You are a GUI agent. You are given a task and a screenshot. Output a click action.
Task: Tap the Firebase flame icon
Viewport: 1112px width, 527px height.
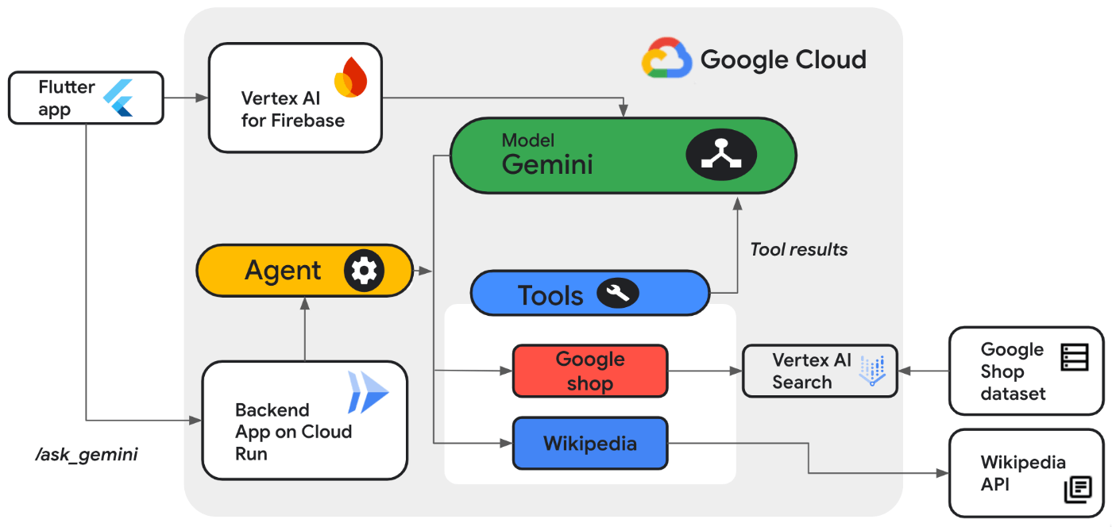[350, 77]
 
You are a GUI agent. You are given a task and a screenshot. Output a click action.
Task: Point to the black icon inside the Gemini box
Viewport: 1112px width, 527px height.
[721, 156]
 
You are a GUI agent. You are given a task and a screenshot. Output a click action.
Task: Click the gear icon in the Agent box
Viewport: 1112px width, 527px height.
[364, 271]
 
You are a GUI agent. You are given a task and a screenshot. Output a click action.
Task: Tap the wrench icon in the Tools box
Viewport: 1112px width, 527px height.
[617, 294]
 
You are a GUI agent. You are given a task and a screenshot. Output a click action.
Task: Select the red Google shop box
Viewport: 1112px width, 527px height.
[590, 371]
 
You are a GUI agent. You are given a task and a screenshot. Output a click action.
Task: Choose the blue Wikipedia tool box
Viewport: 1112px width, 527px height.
[589, 443]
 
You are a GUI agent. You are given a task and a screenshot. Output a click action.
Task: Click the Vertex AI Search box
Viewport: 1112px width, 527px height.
[819, 371]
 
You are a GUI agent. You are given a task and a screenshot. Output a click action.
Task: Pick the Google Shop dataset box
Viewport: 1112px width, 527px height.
[1025, 371]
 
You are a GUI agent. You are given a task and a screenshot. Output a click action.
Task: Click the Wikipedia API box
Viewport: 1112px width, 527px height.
[1025, 473]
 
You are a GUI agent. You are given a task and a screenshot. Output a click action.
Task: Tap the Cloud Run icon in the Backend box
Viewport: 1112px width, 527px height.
[368, 392]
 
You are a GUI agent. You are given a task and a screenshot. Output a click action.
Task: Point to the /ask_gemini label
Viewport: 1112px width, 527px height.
[87, 456]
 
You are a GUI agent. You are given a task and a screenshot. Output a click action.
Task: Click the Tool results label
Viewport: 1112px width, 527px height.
[798, 249]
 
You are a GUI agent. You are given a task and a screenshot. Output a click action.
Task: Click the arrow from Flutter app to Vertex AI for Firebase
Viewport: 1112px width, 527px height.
[186, 98]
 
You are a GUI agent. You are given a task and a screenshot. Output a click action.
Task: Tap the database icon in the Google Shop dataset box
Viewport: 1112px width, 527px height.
[1075, 356]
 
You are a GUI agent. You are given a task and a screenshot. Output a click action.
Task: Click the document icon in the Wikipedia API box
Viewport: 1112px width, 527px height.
[1078, 490]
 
